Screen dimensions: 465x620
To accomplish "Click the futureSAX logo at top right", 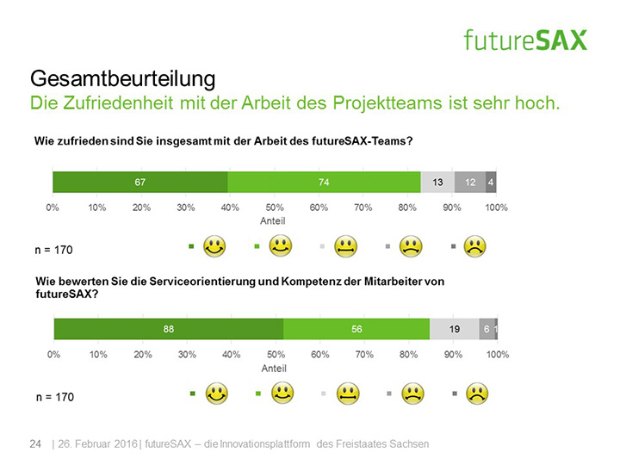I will tap(524, 39).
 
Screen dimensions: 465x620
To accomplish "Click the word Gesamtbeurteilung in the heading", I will tap(121, 79).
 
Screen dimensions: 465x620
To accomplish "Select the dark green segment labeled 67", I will tap(139, 182).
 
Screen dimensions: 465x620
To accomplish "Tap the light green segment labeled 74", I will tap(324, 182).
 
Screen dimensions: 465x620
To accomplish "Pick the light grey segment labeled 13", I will tap(437, 182).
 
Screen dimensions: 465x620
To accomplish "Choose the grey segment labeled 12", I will tap(469, 182).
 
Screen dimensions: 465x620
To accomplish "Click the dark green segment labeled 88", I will tap(169, 328).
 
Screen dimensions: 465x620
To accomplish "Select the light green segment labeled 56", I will tap(356, 328).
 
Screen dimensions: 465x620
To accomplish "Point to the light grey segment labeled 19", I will tap(454, 328).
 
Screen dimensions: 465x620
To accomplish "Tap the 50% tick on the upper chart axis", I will tap(275, 208).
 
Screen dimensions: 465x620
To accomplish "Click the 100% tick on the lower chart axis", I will tap(497, 355).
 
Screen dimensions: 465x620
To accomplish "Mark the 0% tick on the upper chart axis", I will tap(53, 208).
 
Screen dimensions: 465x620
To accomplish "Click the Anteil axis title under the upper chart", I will tap(274, 221).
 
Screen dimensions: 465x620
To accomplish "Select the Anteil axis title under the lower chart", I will tap(274, 368).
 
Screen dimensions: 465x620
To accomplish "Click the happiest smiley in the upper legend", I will tap(214, 247).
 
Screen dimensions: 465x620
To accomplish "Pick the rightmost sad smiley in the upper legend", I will tap(474, 247).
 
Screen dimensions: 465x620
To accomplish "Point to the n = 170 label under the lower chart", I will tap(54, 397).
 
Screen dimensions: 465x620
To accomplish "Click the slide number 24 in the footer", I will tap(35, 444).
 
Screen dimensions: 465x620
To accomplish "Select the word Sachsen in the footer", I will tap(409, 444).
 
